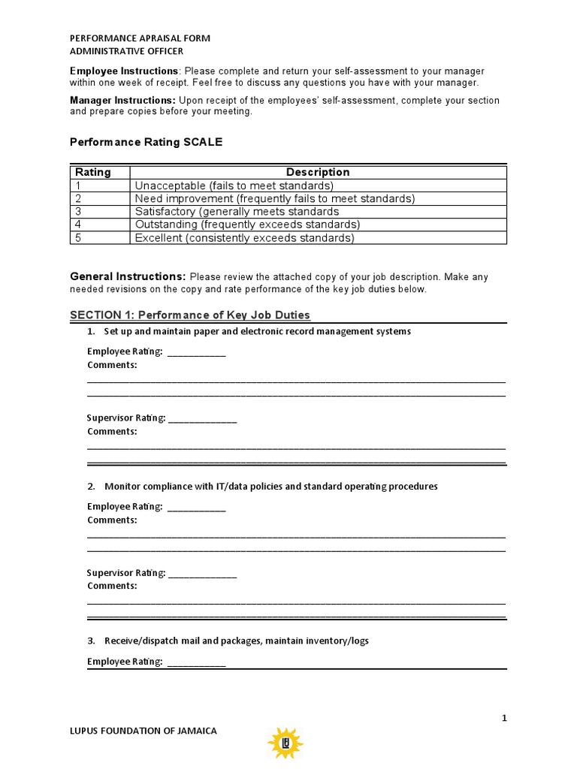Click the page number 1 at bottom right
coord(504,718)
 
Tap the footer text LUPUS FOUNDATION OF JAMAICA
coord(143,731)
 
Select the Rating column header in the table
coord(93,172)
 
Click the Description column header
coord(317,172)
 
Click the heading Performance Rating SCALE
coord(146,142)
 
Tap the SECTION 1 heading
coord(189,315)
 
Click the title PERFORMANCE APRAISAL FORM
coord(140,38)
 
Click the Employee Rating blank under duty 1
coord(196,352)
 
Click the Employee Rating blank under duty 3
coord(196,662)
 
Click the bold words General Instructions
coord(128,276)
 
